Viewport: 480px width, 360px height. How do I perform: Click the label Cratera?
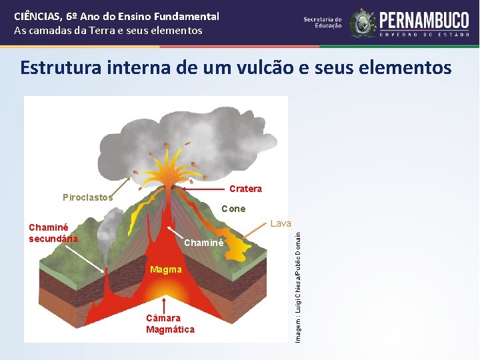pyautogui.click(x=245, y=189)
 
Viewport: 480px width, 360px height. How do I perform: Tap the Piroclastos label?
pyautogui.click(x=87, y=197)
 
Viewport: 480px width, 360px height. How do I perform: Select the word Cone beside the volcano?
pyautogui.click(x=233, y=209)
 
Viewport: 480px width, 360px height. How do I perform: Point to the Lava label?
pyautogui.click(x=280, y=223)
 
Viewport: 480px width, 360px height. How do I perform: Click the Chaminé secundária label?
pyautogui.click(x=53, y=233)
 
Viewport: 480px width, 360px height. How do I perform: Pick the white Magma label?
pyautogui.click(x=166, y=269)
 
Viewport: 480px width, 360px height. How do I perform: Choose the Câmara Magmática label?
pyautogui.click(x=170, y=323)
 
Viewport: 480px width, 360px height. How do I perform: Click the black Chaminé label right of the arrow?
pyautogui.click(x=203, y=243)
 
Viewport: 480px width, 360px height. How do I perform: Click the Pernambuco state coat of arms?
pyautogui.click(x=363, y=23)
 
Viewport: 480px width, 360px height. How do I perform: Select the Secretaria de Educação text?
pyautogui.click(x=323, y=23)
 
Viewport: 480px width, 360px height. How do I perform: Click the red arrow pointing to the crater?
pyautogui.click(x=203, y=189)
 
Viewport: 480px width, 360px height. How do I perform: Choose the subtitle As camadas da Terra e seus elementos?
pyautogui.click(x=108, y=31)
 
